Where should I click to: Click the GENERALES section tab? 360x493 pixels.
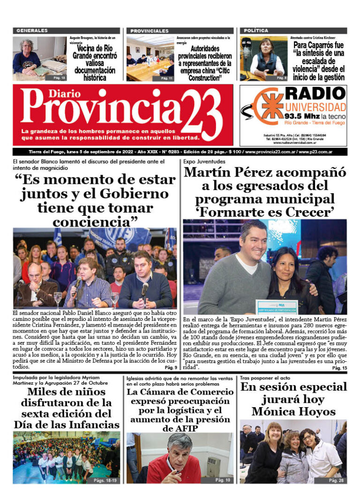click(32, 30)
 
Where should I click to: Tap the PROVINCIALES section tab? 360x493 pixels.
click(150, 30)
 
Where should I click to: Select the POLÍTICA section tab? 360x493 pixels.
click(256, 30)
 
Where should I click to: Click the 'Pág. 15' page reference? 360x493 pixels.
click(339, 369)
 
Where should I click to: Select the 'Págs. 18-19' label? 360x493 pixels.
click(105, 480)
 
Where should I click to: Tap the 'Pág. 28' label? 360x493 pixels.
click(337, 480)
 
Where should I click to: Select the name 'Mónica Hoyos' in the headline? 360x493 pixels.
click(293, 411)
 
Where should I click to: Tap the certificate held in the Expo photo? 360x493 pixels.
click(277, 307)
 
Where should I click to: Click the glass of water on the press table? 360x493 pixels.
click(58, 298)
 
